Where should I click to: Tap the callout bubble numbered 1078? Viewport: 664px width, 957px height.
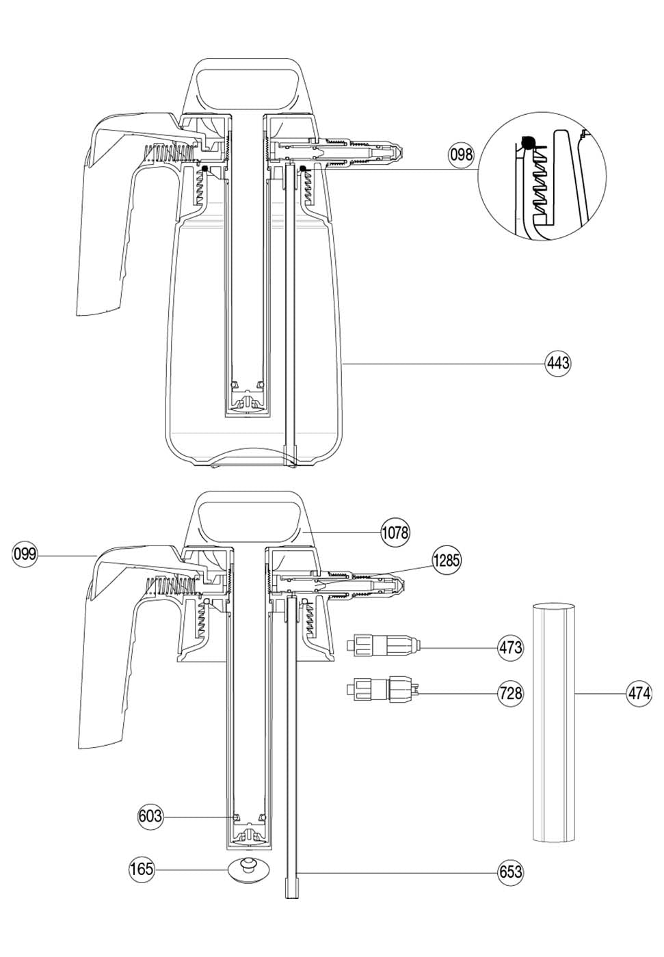[395, 533]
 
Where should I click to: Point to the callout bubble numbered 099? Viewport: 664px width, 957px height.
[25, 554]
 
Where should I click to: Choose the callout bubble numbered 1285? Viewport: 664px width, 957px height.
[446, 560]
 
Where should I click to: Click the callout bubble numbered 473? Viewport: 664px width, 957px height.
[510, 648]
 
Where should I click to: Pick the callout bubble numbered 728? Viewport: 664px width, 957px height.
[510, 693]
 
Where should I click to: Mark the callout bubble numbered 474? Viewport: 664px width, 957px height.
[639, 693]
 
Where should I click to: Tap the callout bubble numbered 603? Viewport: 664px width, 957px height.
[150, 816]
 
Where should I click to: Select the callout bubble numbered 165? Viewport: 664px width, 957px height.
[142, 869]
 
